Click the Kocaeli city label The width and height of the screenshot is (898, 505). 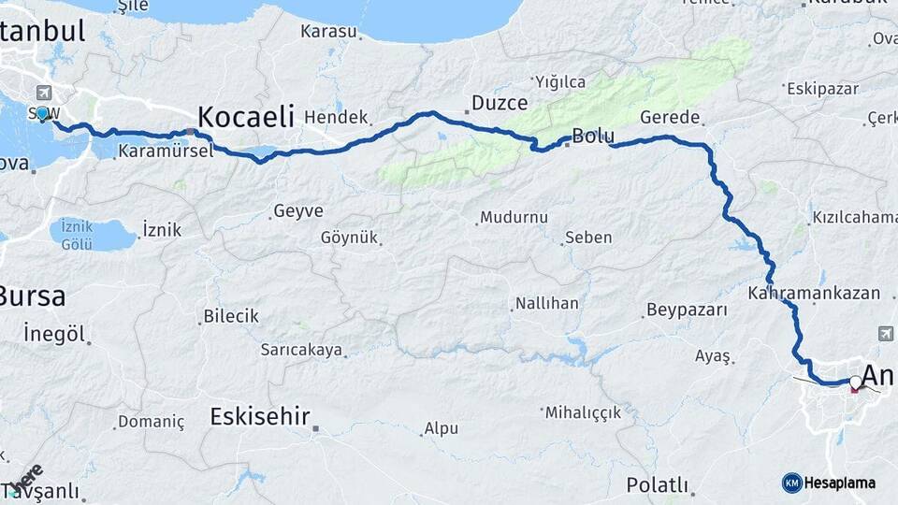pos(246,117)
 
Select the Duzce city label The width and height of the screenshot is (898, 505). pos(500,103)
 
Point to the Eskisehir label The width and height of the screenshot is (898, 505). pos(260,416)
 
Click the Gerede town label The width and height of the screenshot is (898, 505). pos(671,118)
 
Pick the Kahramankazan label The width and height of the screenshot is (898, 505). pos(814,293)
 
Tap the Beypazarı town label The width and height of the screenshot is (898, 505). pos(687,310)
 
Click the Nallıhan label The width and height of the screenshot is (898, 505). pos(546,304)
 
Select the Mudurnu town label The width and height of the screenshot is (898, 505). pos(514,218)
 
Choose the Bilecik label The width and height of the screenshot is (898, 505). pos(230,316)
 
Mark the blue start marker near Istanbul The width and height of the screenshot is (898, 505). pos(41,113)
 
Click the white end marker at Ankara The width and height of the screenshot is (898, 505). pos(855,382)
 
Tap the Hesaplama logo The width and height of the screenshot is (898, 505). pos(829,483)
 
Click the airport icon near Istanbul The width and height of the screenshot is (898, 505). pos(43,93)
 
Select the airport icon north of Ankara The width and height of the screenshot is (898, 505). pos(886,333)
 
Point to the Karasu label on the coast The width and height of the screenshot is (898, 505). pos(328,32)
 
